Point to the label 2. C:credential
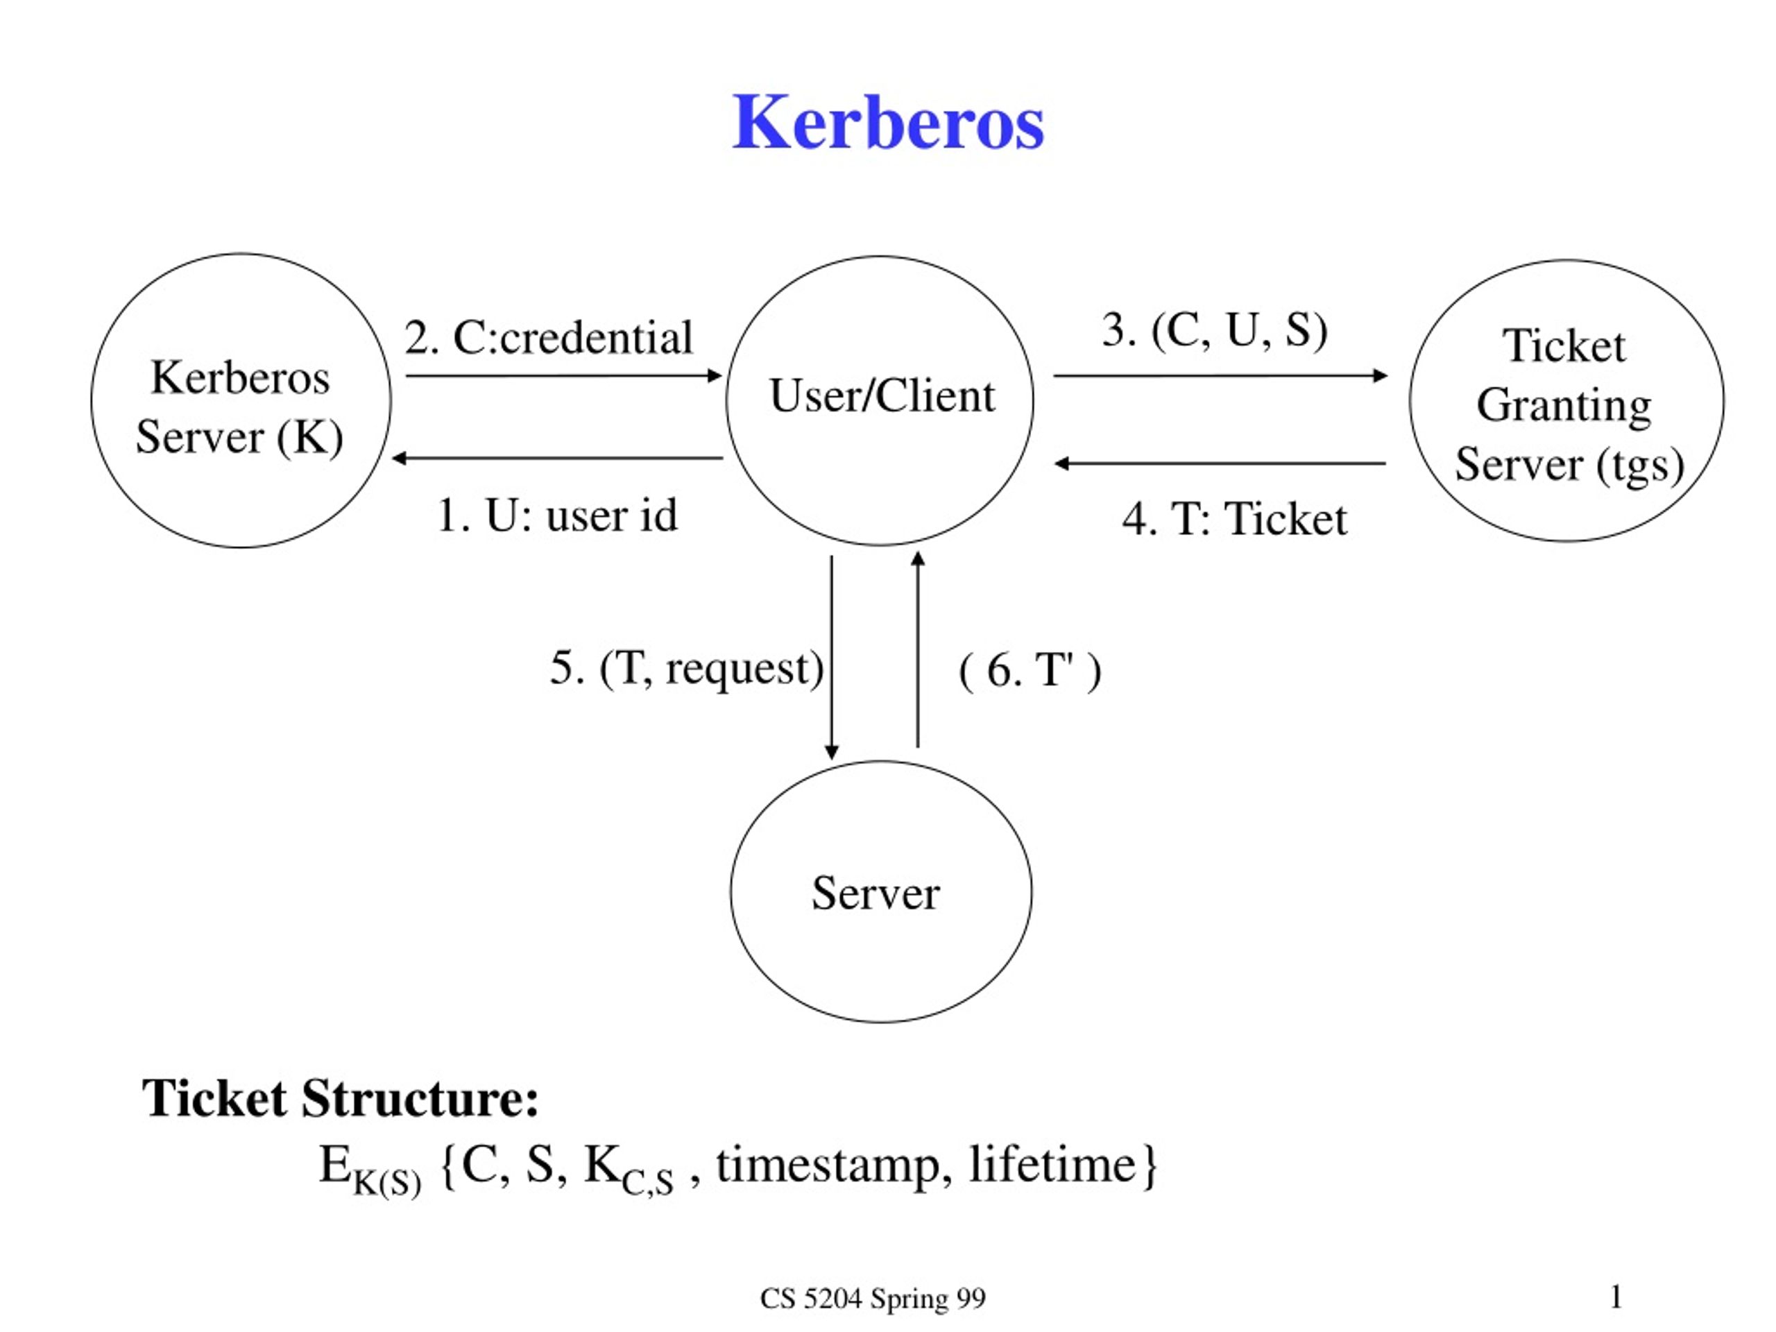click(x=548, y=337)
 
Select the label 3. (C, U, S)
click(x=1215, y=330)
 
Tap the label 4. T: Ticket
click(x=1235, y=519)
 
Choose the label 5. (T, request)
click(x=687, y=668)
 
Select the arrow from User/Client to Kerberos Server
click(x=557, y=459)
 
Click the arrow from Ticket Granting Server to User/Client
click(x=1220, y=463)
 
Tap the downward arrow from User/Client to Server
click(x=832, y=658)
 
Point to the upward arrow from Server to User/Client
click(x=918, y=649)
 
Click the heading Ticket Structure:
click(x=341, y=1098)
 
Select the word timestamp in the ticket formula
click(x=828, y=1165)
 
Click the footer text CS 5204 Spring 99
click(x=873, y=1298)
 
